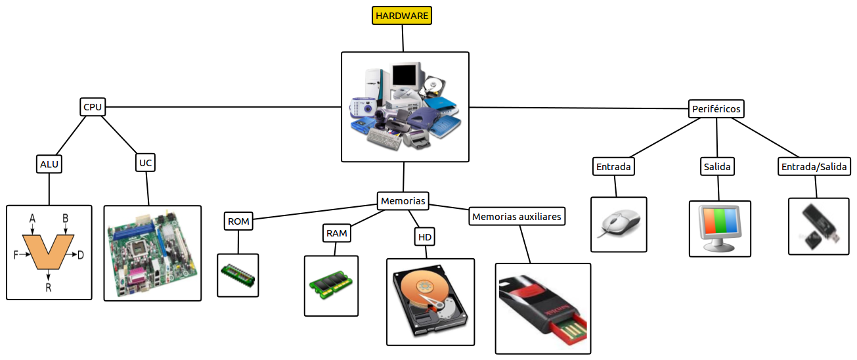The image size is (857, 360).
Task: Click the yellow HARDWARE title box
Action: tap(402, 15)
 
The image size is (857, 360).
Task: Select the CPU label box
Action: tap(93, 106)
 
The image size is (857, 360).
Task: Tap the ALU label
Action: tap(49, 164)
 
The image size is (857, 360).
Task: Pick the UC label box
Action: tap(146, 162)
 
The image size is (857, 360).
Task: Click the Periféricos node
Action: tap(716, 108)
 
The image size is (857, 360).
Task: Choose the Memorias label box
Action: tap(403, 200)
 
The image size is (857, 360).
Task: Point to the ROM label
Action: tap(238, 221)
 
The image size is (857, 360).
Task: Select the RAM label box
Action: tap(336, 233)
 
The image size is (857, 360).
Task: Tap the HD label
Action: tap(425, 236)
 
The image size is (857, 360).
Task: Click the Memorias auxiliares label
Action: tap(517, 216)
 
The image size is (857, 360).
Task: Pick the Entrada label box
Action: tap(613, 167)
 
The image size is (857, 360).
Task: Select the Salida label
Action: tap(717, 167)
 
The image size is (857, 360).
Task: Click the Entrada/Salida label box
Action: tap(815, 167)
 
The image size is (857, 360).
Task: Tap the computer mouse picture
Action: tap(619, 224)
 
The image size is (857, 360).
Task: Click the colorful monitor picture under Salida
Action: tap(719, 228)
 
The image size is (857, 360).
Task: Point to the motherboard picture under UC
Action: tap(152, 253)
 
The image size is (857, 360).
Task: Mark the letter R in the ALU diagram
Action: tap(48, 288)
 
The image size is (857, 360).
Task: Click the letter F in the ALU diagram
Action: tap(16, 255)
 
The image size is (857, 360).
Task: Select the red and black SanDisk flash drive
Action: tap(542, 309)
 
